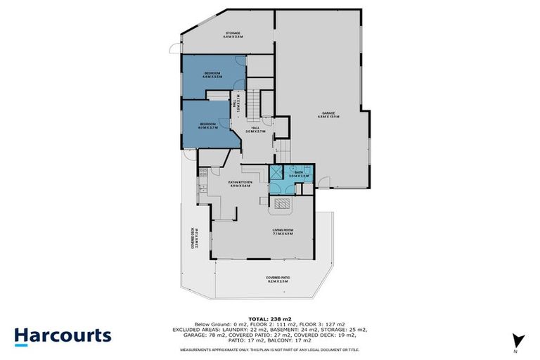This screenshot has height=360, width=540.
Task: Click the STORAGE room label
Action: pos(233,34)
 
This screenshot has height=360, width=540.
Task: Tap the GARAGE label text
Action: pos(328,115)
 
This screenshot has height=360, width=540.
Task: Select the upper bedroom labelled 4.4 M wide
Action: pos(212,75)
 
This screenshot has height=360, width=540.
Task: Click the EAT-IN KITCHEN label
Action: pos(240,184)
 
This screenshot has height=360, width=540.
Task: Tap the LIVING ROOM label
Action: pos(283,232)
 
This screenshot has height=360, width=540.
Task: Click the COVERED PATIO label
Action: pos(278,279)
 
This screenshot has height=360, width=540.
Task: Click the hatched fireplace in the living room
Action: pos(283,205)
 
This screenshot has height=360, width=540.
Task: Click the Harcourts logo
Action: pos(63,335)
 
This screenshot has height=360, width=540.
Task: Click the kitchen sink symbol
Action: pos(202,171)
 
